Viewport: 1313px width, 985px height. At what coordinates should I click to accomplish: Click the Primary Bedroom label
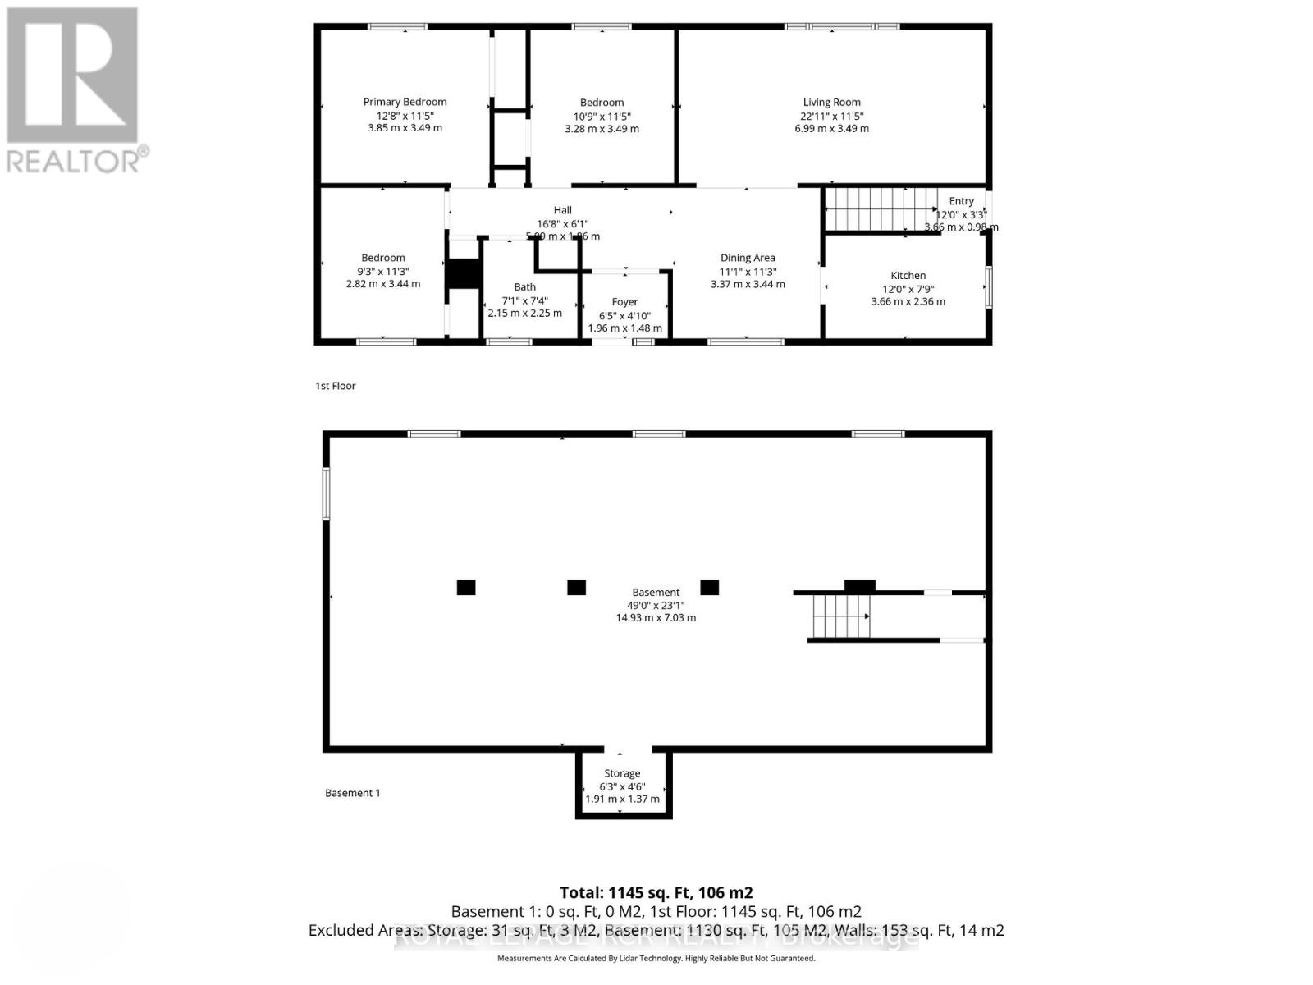coord(405,102)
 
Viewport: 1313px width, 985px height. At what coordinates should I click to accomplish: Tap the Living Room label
coord(831,103)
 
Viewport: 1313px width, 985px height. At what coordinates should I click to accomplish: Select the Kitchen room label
coord(908,276)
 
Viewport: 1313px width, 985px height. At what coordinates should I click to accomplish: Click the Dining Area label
coord(747,258)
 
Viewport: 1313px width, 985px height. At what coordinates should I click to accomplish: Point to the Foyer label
coord(624,302)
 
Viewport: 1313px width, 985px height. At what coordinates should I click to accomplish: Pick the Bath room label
coord(524,287)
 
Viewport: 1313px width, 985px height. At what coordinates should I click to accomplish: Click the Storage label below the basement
coord(622,773)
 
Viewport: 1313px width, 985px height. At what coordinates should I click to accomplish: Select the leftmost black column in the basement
coord(466,587)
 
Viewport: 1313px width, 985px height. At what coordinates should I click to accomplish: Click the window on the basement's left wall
coord(326,493)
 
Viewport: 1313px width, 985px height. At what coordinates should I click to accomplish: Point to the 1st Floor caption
coord(336,386)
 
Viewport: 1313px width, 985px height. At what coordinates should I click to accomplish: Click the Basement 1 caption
coord(352,793)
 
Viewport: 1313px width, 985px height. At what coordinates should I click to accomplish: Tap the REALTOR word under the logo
coord(78,160)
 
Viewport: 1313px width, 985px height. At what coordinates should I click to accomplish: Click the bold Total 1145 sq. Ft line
coord(656,892)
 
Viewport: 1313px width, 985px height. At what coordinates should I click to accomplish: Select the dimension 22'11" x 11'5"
coord(831,117)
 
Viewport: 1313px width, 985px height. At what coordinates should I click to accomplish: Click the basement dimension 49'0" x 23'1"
coord(656,605)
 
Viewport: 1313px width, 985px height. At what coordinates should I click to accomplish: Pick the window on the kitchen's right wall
coord(989,287)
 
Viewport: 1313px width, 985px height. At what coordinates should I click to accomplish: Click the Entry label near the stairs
coord(961,201)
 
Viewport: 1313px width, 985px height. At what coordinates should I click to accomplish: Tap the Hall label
coord(562,210)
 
